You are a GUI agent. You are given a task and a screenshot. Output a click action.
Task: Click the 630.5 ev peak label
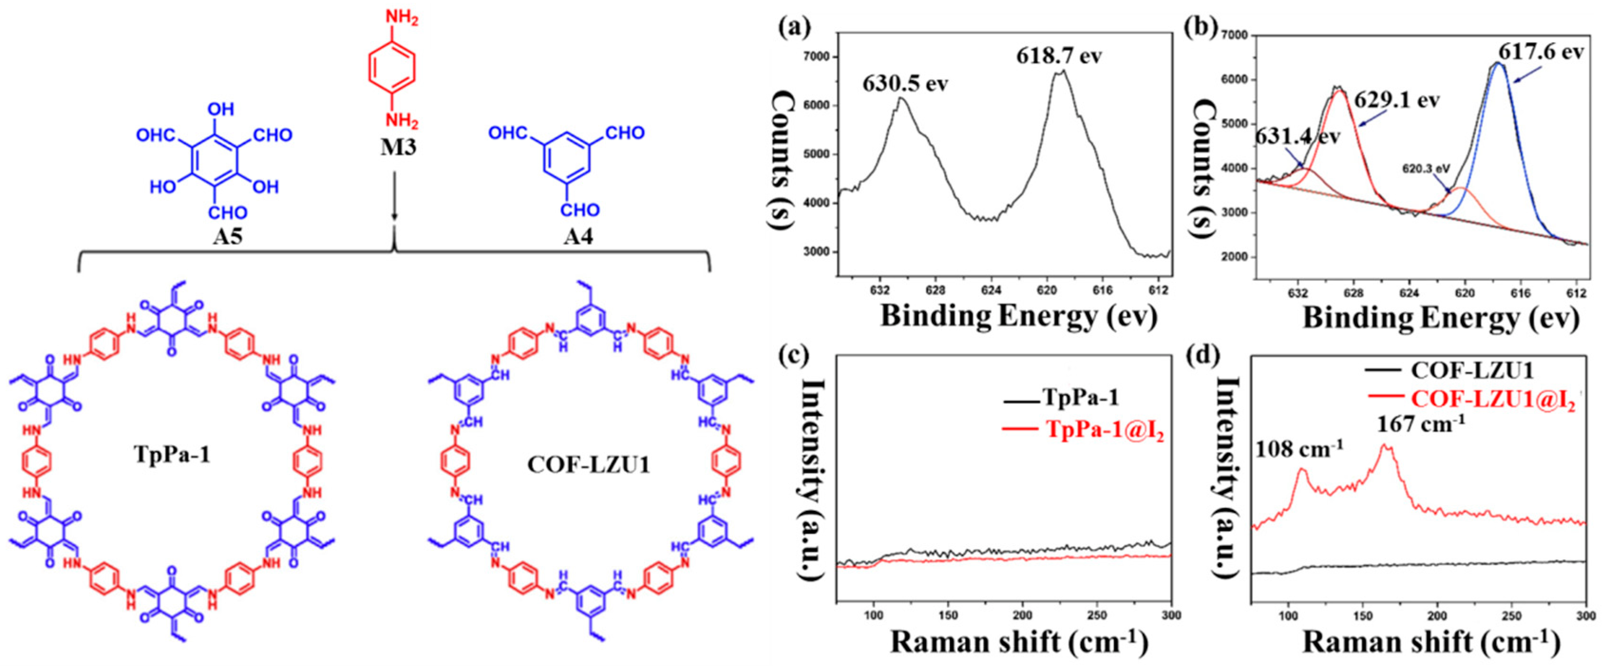tap(905, 83)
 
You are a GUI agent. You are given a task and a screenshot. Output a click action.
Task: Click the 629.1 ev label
tap(1396, 99)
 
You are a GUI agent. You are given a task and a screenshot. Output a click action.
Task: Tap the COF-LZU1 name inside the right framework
tap(588, 465)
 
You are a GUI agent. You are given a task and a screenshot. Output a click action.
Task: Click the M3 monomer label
tap(398, 148)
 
